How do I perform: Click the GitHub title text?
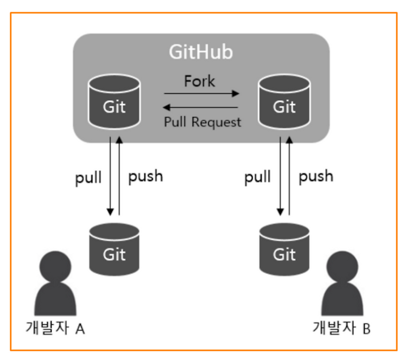201,52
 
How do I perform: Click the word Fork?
199,81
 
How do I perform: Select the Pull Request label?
202,122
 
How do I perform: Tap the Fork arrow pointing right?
202,93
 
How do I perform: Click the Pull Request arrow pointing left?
200,107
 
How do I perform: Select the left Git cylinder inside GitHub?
114,102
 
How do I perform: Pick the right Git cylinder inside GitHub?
284,102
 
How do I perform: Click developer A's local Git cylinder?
114,249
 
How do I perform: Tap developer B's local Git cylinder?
284,249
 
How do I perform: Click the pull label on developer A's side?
88,178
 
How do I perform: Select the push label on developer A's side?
145,176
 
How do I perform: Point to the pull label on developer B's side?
258,177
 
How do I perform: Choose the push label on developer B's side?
316,176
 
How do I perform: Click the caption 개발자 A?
55,328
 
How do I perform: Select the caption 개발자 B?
341,328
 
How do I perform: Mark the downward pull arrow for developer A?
110,176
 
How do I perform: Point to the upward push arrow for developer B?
289,176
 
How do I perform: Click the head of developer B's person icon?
342,266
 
